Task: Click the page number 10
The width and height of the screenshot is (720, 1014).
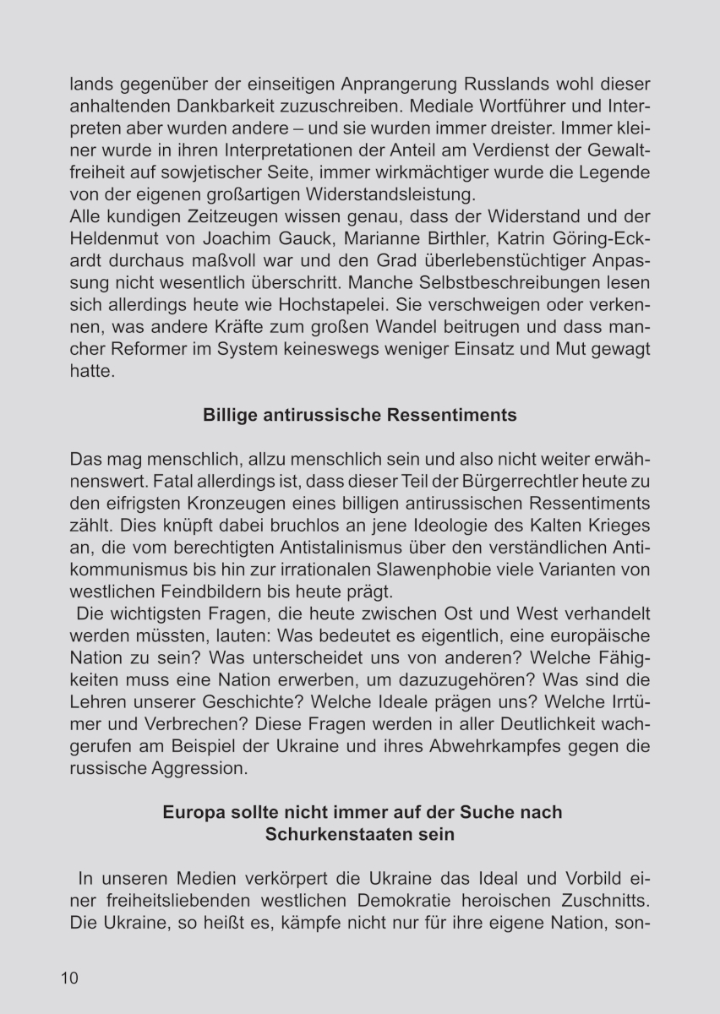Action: pos(69,978)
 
